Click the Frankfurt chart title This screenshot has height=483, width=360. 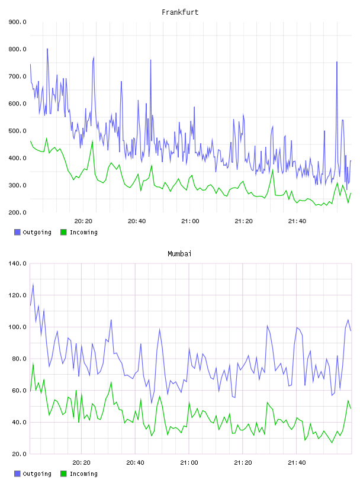180,12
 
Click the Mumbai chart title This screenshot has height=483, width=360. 179,254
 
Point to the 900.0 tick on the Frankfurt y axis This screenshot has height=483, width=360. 17,22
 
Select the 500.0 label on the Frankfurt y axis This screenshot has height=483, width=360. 17,131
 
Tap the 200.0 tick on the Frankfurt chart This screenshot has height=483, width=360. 17,212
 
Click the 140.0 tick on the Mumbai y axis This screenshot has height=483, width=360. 17,263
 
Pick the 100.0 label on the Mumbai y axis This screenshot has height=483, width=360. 17,327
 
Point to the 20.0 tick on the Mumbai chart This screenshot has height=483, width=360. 19,454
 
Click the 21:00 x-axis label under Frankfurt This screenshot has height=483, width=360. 190,221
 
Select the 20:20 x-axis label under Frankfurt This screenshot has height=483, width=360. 83,221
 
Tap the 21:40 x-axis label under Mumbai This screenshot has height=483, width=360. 297,463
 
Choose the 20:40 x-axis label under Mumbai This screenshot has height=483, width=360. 136,463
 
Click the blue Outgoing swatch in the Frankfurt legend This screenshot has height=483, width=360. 17,232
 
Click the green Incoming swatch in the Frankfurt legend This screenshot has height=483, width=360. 63,232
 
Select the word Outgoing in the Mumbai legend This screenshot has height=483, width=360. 37,474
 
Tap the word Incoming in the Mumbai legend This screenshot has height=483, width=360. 83,474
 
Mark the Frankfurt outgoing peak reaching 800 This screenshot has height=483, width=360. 47,49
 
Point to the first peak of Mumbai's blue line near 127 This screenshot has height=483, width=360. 33,285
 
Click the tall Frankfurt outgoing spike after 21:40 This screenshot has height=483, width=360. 337,62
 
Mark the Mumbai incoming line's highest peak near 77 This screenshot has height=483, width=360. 33,363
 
